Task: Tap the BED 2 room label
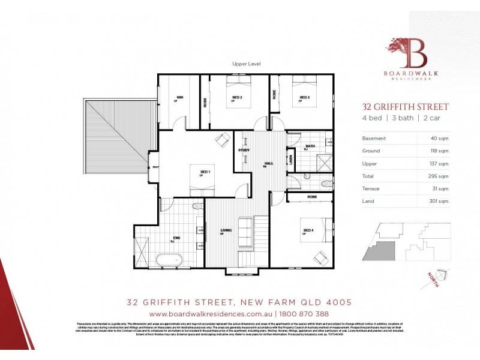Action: tap(236, 97)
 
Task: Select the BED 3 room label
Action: tap(304, 97)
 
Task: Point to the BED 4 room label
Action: tap(308, 230)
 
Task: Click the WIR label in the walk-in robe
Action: tap(179, 97)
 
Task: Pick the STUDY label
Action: tap(244, 150)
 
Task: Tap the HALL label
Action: tap(269, 163)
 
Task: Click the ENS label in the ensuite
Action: tap(176, 238)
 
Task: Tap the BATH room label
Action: tap(310, 146)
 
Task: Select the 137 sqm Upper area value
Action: tap(439, 163)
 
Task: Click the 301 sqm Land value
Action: tap(439, 201)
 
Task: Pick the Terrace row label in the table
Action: tap(371, 188)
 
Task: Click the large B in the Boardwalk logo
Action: tap(418, 56)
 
